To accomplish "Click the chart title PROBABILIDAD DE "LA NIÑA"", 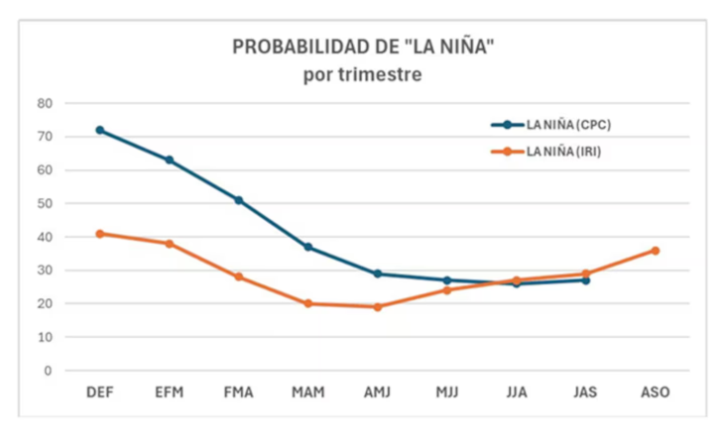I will [x=362, y=48].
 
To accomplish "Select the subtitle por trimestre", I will [x=362, y=75].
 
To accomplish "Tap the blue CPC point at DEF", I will [x=100, y=130].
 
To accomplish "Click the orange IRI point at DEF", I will [x=100, y=234].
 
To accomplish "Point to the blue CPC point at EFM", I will [x=170, y=160].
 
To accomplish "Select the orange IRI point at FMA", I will [x=239, y=276].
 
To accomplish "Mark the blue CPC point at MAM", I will [x=308, y=247].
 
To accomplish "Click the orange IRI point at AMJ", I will [x=378, y=307].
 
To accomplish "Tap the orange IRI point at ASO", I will [x=656, y=251].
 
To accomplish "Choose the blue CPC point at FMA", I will [x=239, y=200].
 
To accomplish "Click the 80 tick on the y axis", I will [x=45, y=103].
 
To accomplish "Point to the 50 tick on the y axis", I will [x=45, y=203].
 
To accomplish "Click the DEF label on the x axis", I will [x=100, y=392].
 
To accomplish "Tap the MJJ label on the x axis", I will [x=447, y=392].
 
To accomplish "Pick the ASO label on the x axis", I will [x=656, y=392].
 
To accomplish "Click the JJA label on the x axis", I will [x=517, y=392].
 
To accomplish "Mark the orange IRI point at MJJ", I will [x=447, y=290].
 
